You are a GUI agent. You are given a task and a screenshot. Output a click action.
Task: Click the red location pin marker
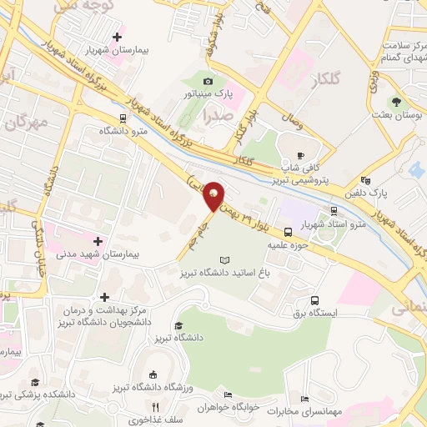coord(213,197)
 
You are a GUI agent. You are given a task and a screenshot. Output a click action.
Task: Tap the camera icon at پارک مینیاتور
coord(208,81)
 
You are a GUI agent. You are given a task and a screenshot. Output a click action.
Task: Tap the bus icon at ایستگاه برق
coord(315,301)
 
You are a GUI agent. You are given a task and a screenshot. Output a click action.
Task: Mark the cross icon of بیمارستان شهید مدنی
coord(98,241)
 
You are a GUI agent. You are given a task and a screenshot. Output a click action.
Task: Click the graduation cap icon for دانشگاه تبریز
coord(178,327)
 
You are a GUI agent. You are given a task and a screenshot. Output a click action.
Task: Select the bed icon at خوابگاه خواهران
coord(228,395)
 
